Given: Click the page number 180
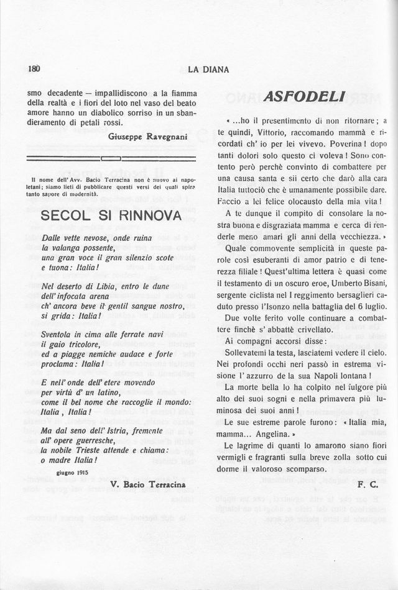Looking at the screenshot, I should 34,70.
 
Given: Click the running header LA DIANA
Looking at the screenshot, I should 208,70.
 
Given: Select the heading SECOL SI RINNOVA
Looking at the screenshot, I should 111,216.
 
